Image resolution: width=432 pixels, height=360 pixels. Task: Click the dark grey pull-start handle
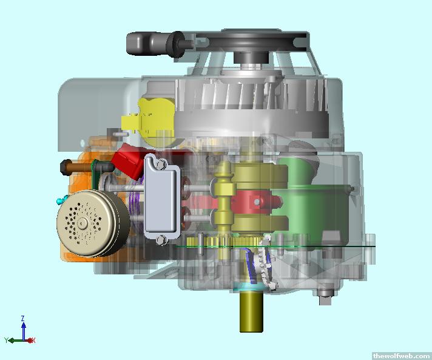(x=154, y=44)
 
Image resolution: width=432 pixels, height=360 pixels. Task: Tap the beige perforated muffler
(x=92, y=223)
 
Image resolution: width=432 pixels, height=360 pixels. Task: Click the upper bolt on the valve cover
(x=161, y=165)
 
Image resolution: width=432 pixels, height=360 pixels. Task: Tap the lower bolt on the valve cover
(x=161, y=240)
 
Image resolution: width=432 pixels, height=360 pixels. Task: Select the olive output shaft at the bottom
(x=251, y=312)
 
